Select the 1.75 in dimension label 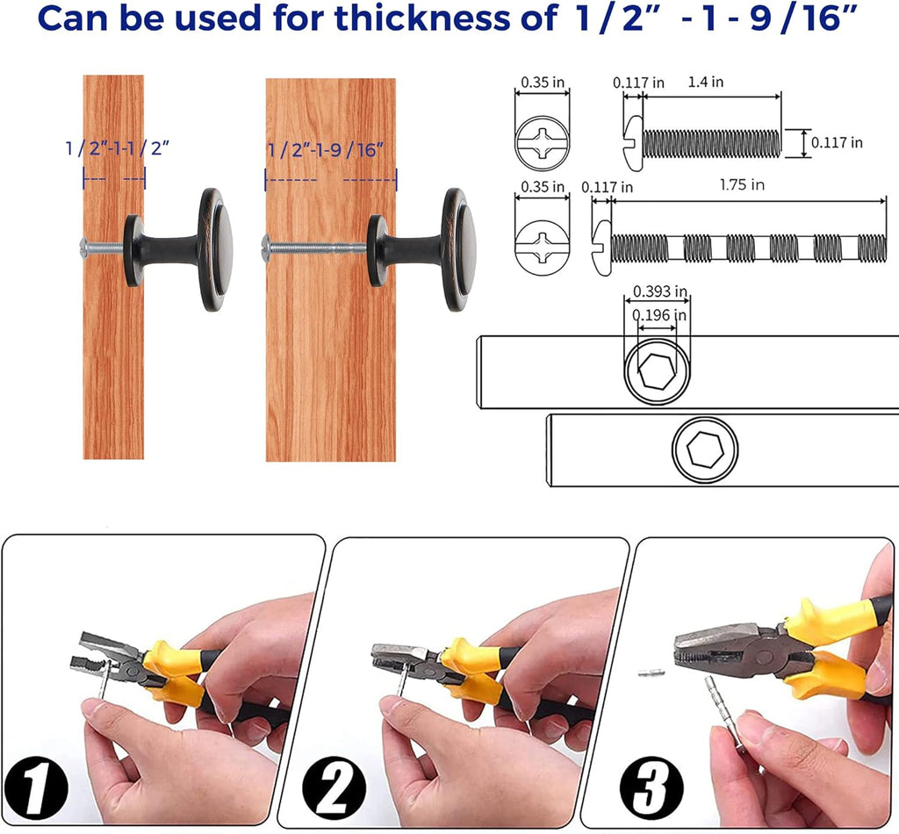coord(742,185)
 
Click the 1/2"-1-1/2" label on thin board coord(117,148)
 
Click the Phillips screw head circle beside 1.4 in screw coord(543,141)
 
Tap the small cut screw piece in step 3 coord(651,673)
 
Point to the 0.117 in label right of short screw coord(837,141)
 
